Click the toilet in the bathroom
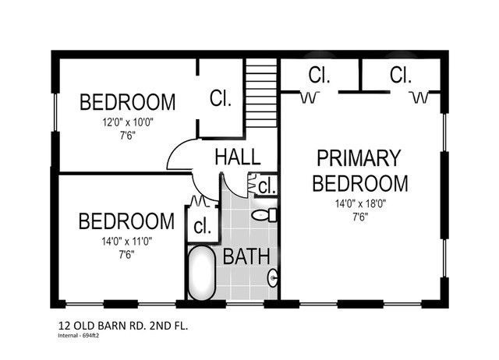[x=265, y=214]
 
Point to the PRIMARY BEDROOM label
[x=360, y=171]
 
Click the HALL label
[x=237, y=156]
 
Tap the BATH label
[x=246, y=256]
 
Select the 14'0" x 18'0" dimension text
[x=359, y=204]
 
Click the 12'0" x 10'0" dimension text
[x=127, y=122]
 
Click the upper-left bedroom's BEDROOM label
[x=127, y=102]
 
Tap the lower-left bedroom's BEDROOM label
[x=126, y=221]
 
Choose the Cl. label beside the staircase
[x=220, y=99]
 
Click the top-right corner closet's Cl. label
[x=401, y=76]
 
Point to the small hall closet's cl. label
[x=267, y=186]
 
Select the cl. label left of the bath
[x=203, y=228]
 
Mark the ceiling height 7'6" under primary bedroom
[x=359, y=217]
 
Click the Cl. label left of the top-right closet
[x=320, y=76]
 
